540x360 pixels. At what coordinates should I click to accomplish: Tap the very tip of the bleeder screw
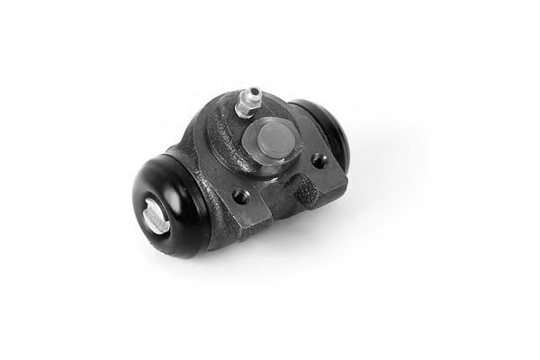[x=255, y=90]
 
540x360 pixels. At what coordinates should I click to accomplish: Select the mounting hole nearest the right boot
[x=319, y=162]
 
